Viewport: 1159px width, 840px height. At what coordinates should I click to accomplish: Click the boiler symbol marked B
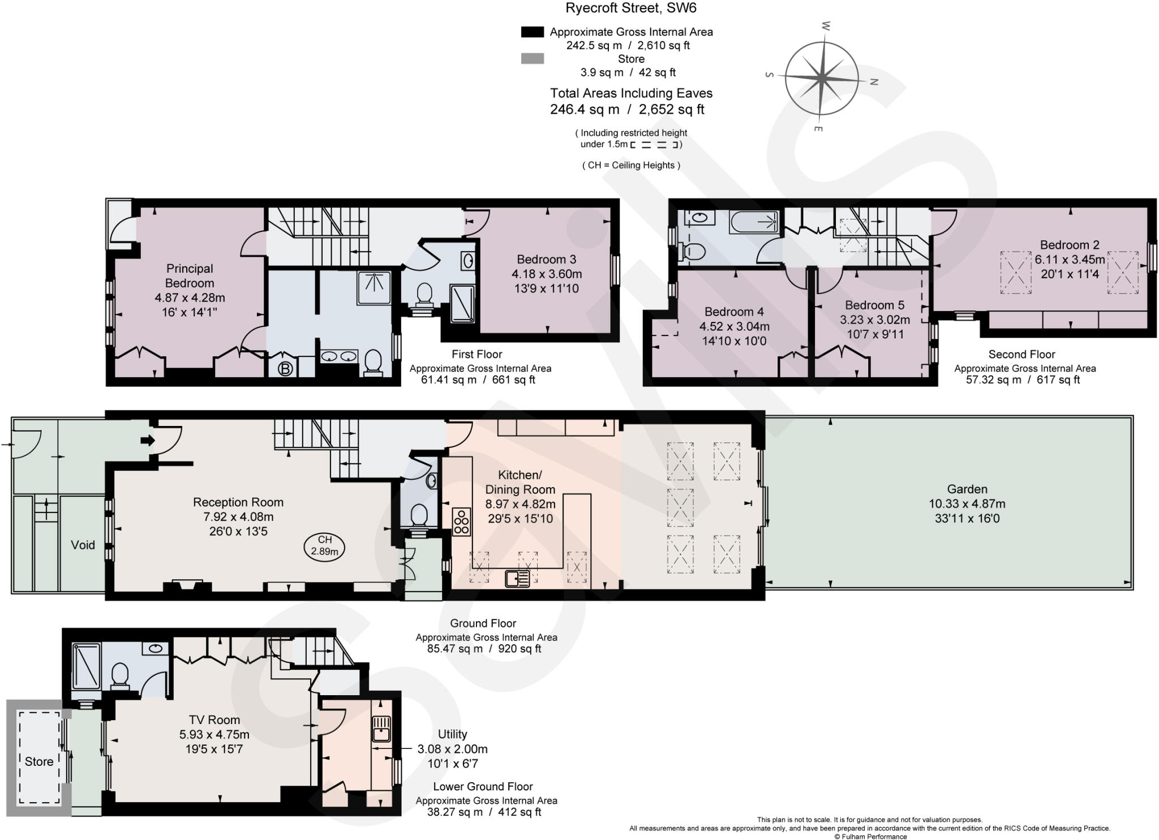pyautogui.click(x=286, y=369)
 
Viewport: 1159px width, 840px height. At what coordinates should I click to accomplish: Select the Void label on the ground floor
pyautogui.click(x=83, y=545)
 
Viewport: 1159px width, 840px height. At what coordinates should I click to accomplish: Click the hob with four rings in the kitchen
pyautogui.click(x=461, y=522)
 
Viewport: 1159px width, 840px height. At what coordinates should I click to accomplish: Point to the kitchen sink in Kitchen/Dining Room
pyautogui.click(x=517, y=578)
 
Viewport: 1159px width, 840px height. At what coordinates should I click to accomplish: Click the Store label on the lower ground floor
pyautogui.click(x=39, y=761)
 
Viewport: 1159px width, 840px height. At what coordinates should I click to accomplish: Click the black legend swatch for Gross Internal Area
pyautogui.click(x=532, y=32)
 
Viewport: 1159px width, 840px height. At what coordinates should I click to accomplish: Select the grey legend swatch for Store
pyautogui.click(x=532, y=59)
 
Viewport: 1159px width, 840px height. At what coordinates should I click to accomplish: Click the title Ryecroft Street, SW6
pyautogui.click(x=631, y=8)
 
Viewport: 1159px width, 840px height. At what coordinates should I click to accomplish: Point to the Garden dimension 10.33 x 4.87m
pyautogui.click(x=967, y=503)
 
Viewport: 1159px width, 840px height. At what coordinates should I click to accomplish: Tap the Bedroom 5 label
pyautogui.click(x=874, y=305)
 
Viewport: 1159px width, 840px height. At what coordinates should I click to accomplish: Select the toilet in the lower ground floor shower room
pyautogui.click(x=120, y=675)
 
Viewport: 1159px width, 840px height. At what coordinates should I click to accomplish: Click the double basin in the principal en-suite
pyautogui.click(x=339, y=356)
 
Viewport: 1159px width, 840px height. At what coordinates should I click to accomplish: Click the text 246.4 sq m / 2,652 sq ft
pyautogui.click(x=627, y=110)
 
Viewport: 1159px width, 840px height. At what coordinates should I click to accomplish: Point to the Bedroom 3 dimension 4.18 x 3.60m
pyautogui.click(x=547, y=274)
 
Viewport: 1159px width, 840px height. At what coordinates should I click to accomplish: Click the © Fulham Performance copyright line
pyautogui.click(x=870, y=837)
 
